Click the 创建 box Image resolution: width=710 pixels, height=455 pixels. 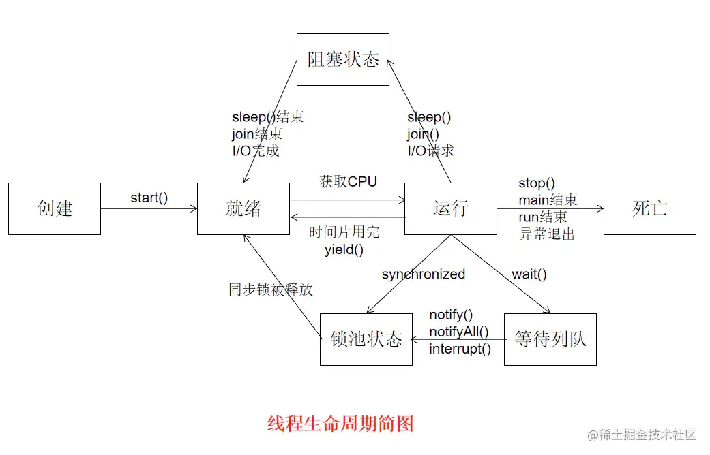point(55,208)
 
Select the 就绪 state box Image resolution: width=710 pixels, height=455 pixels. point(243,208)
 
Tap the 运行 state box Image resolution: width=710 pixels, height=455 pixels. point(450,208)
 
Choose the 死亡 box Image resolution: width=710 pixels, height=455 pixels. point(649,208)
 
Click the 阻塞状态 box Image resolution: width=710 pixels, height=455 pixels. point(343,59)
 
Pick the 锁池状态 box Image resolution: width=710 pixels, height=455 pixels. point(366,339)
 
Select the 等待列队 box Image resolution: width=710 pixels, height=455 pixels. point(550,339)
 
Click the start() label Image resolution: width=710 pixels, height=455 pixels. point(149,198)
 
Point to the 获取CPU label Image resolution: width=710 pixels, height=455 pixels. point(348,182)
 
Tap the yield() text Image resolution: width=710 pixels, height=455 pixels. point(344,249)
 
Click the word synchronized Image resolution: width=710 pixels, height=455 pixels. point(423,274)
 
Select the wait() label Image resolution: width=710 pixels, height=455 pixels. point(529,274)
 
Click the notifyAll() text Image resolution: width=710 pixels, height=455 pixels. point(459,332)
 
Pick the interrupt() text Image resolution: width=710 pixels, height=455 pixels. point(460,349)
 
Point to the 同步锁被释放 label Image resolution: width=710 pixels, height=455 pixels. point(271,289)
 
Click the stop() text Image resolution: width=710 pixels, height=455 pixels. point(537,183)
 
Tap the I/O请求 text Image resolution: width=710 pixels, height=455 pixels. point(430,151)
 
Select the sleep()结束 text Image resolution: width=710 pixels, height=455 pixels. point(267,117)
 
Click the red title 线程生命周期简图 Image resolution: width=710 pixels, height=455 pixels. point(340,424)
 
